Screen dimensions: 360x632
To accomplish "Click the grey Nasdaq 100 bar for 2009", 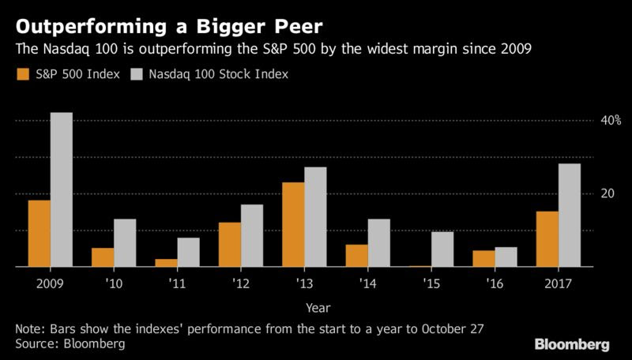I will (x=62, y=189).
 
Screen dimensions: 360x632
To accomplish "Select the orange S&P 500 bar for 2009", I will (x=39, y=234).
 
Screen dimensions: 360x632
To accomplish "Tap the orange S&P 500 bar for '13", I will (x=293, y=225).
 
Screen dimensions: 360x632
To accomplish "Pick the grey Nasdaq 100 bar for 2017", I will (x=570, y=216).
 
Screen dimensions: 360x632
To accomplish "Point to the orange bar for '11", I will (x=166, y=263).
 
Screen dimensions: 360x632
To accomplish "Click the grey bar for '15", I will (x=442, y=249).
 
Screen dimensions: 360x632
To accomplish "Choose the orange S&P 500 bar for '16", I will (x=483, y=259).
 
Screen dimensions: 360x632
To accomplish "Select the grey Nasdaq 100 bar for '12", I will (x=252, y=236).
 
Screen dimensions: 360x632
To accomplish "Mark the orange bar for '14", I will (x=357, y=256).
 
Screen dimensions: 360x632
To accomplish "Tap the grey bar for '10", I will (x=125, y=243).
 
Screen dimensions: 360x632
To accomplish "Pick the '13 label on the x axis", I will (x=304, y=283).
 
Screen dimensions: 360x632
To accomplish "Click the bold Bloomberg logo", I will (x=572, y=344).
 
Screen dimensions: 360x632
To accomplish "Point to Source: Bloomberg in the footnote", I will (x=70, y=344).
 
